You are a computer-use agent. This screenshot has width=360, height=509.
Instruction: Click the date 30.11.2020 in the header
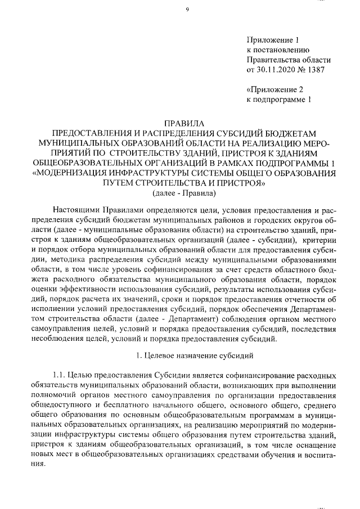coord(277,70)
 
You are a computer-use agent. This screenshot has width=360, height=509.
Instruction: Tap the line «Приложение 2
coord(275,89)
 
